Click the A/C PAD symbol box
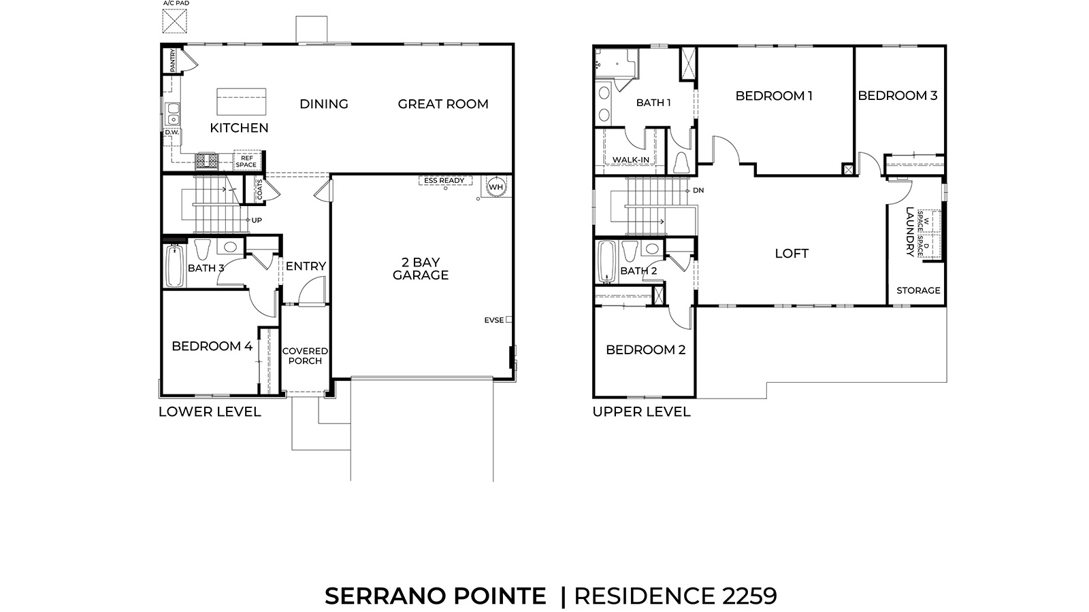pyautogui.click(x=176, y=21)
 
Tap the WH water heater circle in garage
pyautogui.click(x=495, y=187)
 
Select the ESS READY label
pyautogui.click(x=444, y=181)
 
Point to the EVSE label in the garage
pyautogui.click(x=494, y=320)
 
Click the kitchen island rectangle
pyautogui.click(x=242, y=102)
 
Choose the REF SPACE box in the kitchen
pyautogui.click(x=246, y=161)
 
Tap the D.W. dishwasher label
pyautogui.click(x=172, y=133)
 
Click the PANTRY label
pyautogui.click(x=173, y=60)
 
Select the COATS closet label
pyautogui.click(x=259, y=190)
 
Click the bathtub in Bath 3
pyautogui.click(x=174, y=267)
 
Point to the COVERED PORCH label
pyautogui.click(x=305, y=356)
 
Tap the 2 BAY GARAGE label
pyautogui.click(x=421, y=269)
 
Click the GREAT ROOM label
pyautogui.click(x=443, y=104)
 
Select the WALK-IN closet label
pyautogui.click(x=630, y=160)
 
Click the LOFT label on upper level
pyautogui.click(x=792, y=254)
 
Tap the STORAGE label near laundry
pyautogui.click(x=918, y=290)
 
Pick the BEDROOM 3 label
pyautogui.click(x=897, y=96)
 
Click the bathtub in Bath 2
pyautogui.click(x=606, y=262)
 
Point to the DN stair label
pyautogui.click(x=698, y=190)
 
